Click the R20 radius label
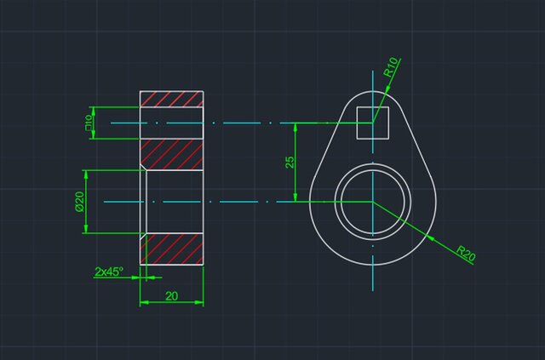464,253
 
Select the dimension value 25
290,162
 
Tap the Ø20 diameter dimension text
78,201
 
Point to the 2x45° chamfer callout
109,271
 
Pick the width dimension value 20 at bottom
171,295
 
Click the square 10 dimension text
88,123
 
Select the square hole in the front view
372,123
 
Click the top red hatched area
171,99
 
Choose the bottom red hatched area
173,249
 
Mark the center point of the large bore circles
372,202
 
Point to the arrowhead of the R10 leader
381,89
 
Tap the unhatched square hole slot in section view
171,123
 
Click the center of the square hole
372,123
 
